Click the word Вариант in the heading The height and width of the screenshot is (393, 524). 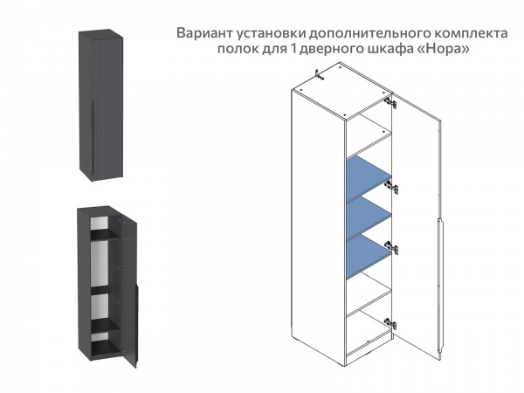point(205,33)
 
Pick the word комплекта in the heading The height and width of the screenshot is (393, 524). point(469,33)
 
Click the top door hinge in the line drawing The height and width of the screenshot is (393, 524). point(392,104)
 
